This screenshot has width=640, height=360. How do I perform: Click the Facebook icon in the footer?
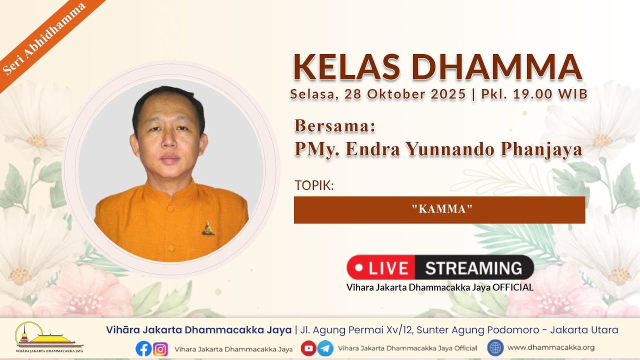pyautogui.click(x=143, y=348)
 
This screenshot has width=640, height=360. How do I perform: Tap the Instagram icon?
pyautogui.click(x=160, y=349)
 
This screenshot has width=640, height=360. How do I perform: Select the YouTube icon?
pyautogui.click(x=308, y=348)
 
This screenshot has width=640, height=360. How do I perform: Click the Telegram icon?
pyautogui.click(x=325, y=348)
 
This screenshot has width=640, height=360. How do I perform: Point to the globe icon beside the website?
pyautogui.click(x=495, y=347)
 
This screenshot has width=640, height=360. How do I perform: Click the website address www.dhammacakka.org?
pyautogui.click(x=551, y=347)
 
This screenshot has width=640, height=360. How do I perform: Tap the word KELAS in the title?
pyautogui.click(x=346, y=67)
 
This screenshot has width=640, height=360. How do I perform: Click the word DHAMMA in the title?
pyautogui.click(x=497, y=67)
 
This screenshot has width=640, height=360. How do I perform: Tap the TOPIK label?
pyautogui.click(x=314, y=185)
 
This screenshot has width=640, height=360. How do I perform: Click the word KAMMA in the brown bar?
pyautogui.click(x=442, y=209)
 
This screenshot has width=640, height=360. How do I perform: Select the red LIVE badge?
pyautogui.click(x=381, y=267)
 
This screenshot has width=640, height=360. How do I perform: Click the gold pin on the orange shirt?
pyautogui.click(x=208, y=228)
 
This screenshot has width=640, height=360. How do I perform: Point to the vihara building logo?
pyautogui.click(x=49, y=337)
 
